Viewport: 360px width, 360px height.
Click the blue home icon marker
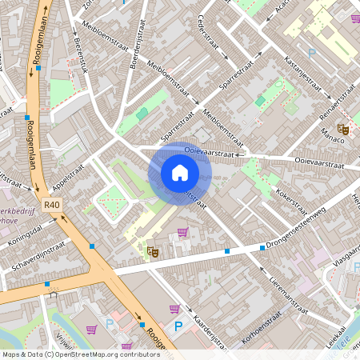(179, 173)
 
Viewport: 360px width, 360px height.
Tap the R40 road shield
(52, 205)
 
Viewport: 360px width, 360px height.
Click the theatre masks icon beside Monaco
(343, 126)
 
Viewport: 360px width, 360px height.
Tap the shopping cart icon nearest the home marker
(183, 233)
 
